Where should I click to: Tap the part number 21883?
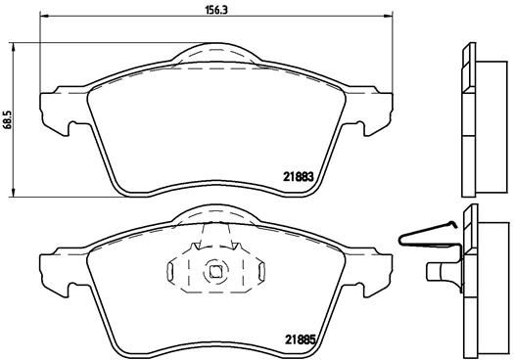298,176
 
